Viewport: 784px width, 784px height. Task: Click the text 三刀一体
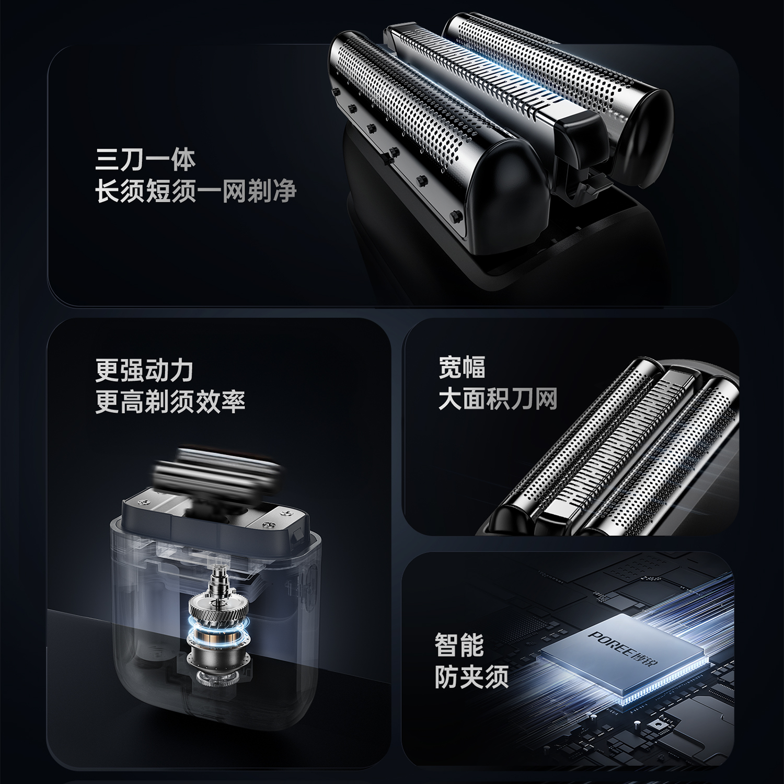tap(145, 159)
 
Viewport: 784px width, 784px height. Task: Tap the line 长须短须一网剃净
tap(195, 190)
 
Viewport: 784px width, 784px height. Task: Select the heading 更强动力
tap(144, 371)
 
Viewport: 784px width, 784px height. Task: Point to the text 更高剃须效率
tap(170, 401)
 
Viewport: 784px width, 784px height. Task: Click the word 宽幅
tap(462, 367)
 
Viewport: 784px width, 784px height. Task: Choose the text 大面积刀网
tap(498, 399)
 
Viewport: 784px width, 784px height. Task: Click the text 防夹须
tap(471, 677)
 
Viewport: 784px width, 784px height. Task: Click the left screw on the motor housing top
tap(143, 502)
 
